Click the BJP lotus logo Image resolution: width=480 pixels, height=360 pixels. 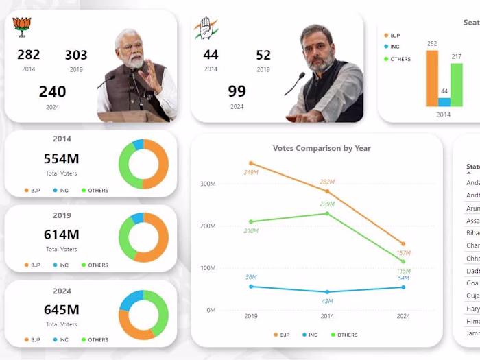pos(23,27)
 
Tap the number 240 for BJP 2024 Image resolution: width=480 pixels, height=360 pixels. pos(52,92)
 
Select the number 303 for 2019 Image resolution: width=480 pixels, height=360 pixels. pos(76,56)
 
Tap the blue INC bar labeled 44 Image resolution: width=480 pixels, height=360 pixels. pos(444,102)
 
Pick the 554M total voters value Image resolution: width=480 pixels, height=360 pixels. pos(61,159)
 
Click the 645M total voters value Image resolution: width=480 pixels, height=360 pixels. pos(61,310)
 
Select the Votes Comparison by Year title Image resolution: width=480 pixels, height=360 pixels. pos(322,148)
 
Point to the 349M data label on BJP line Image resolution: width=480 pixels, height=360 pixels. pos(251,172)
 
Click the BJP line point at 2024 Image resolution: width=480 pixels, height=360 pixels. pos(403,244)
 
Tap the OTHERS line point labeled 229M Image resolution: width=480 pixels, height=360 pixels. pos(327,213)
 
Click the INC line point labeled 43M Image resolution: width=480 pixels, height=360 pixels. pos(327,292)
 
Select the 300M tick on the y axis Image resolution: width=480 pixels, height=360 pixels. pos(208,184)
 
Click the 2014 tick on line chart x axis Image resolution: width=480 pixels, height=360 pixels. pos(327,316)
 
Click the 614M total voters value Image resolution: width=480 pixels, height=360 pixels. pos(61,235)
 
